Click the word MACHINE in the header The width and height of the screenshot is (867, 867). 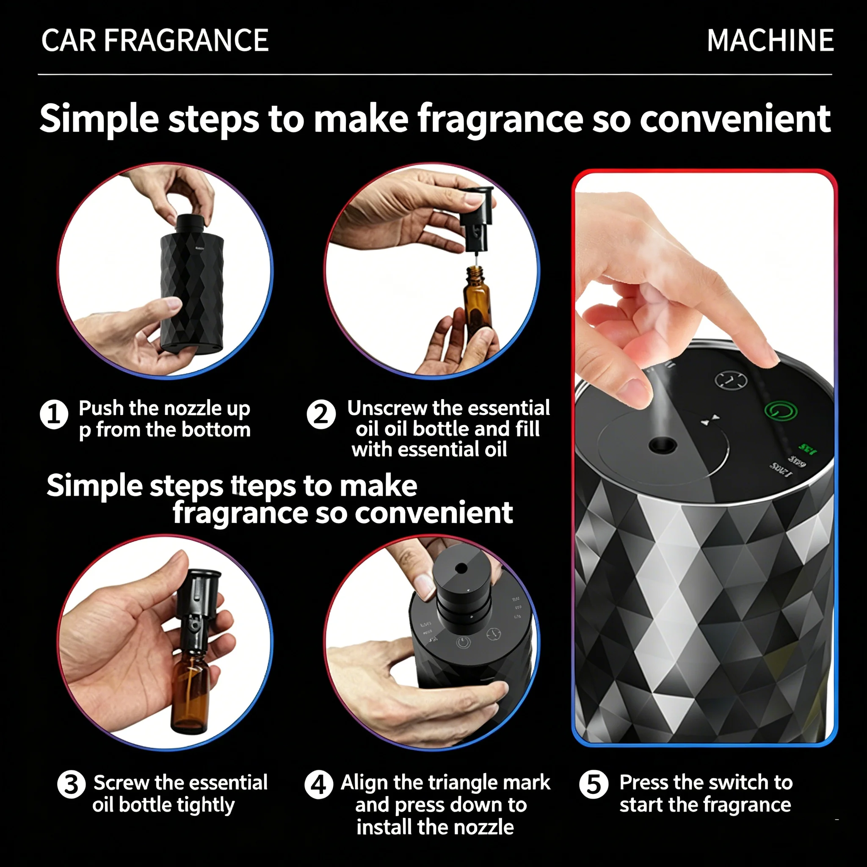tap(770, 40)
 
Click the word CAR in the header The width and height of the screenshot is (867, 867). tap(69, 40)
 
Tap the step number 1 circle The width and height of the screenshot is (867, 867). tap(54, 414)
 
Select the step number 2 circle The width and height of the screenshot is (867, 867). tap(321, 414)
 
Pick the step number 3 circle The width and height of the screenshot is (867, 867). tap(72, 784)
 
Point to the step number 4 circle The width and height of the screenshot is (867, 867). tap(319, 785)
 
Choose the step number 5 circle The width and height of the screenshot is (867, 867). tap(594, 785)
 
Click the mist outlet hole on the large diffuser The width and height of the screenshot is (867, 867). tap(663, 445)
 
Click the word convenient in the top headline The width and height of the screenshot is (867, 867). tap(735, 119)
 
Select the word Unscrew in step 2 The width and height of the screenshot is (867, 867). tap(387, 408)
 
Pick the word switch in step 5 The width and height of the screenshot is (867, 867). tap(726, 783)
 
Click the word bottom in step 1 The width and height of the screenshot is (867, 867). tap(216, 430)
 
